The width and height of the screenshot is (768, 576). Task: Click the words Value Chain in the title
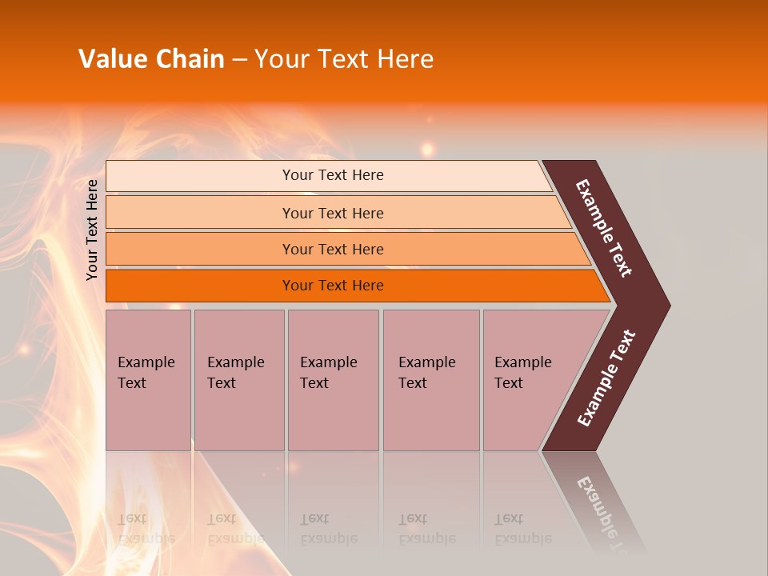click(151, 58)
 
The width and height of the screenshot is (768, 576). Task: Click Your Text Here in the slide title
click(343, 58)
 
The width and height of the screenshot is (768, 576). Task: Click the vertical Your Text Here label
click(92, 230)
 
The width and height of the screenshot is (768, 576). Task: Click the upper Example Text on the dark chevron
click(605, 228)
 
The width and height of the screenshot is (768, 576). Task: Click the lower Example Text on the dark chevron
click(606, 378)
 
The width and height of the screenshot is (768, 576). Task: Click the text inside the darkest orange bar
click(333, 286)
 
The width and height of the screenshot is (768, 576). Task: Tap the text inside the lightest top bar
click(333, 175)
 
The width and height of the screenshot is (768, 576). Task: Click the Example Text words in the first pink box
click(146, 372)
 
